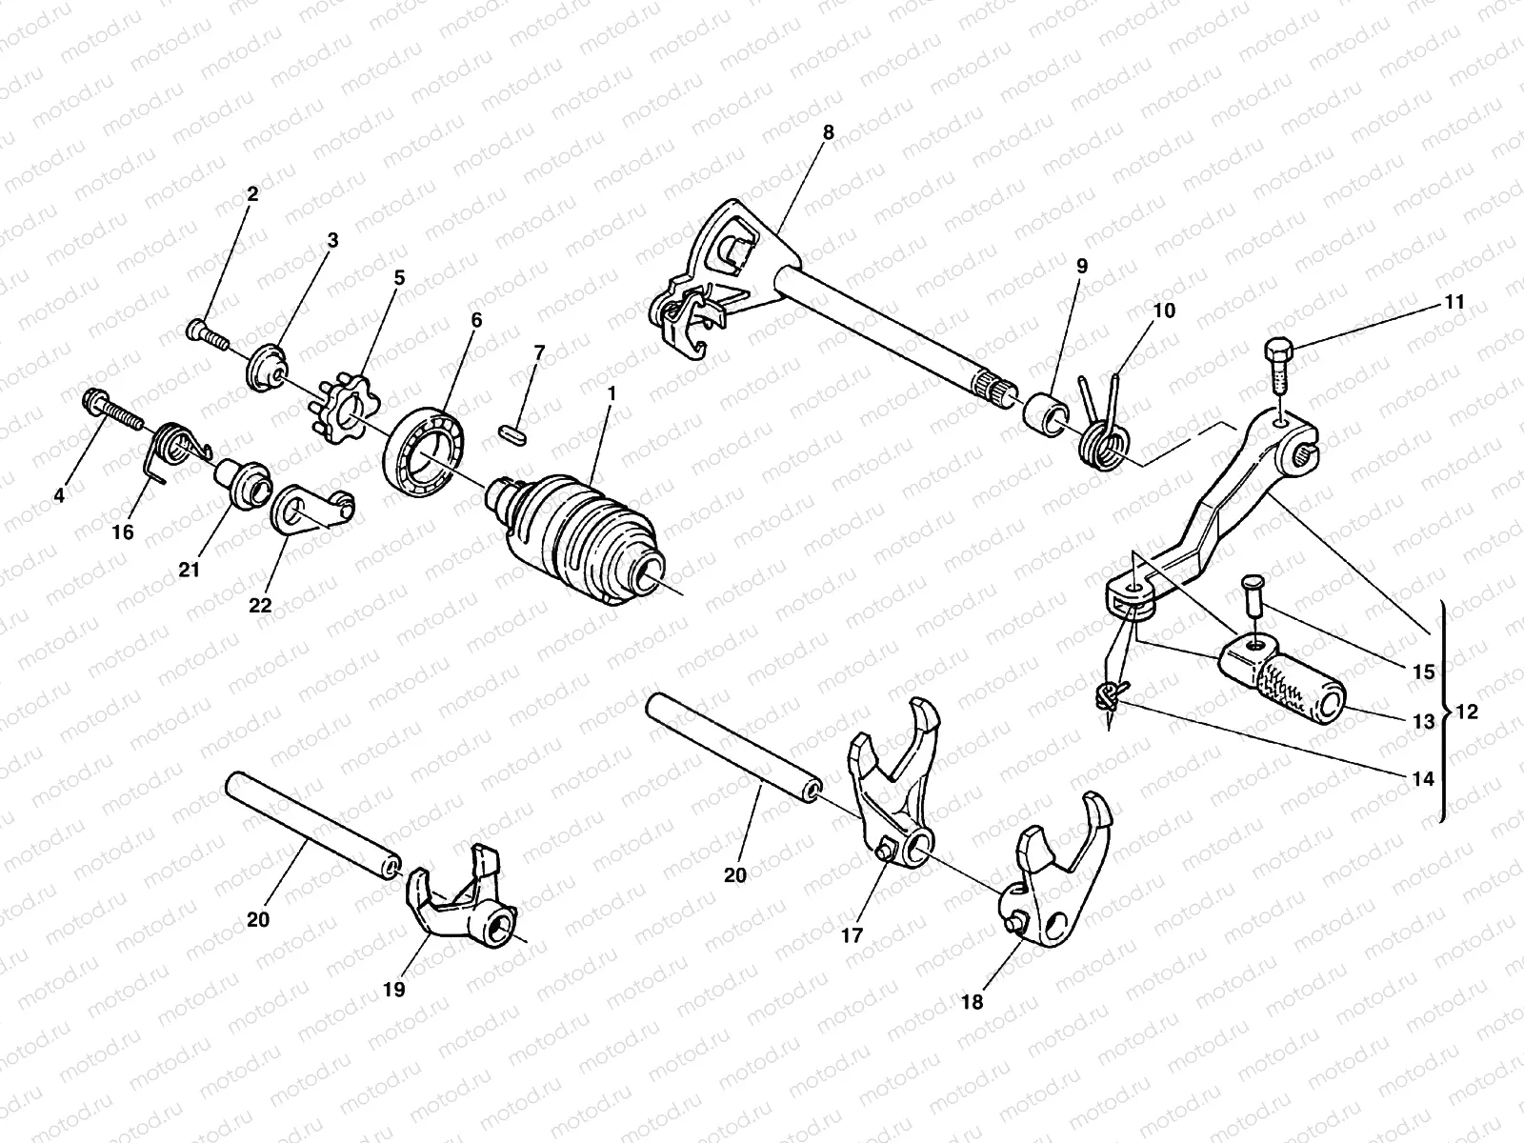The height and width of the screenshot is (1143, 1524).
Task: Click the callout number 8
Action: (x=828, y=132)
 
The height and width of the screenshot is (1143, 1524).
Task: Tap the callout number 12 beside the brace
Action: (x=1467, y=711)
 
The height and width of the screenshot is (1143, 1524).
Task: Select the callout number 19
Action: (x=393, y=990)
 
